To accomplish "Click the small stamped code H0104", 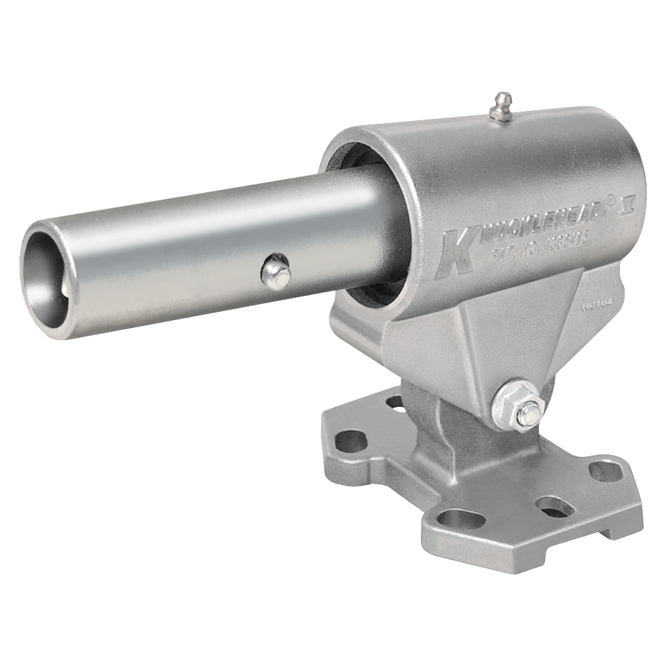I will point(597,307).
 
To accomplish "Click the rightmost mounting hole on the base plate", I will point(606,471).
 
